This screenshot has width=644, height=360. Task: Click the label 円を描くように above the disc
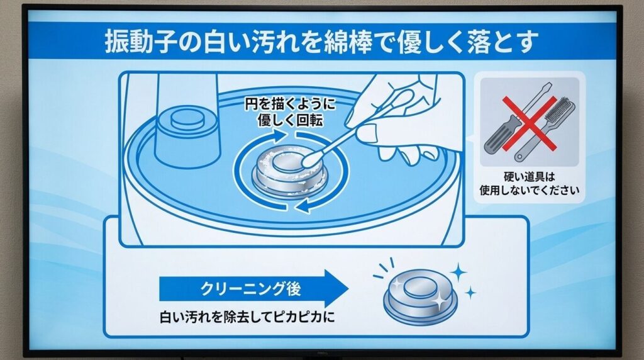point(290,106)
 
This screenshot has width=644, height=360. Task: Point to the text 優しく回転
point(290,120)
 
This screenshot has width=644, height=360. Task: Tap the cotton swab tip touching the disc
point(309,162)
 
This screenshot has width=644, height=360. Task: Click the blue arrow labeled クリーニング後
point(252,290)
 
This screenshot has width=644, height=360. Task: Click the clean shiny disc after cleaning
point(420,293)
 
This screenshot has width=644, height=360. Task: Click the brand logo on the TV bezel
point(322,353)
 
